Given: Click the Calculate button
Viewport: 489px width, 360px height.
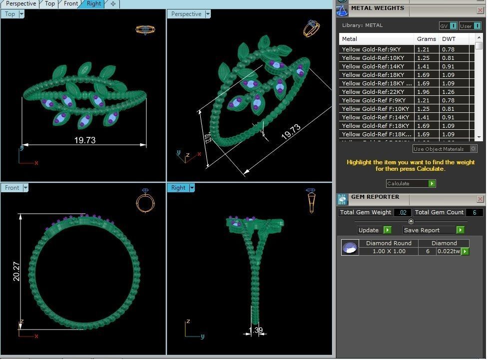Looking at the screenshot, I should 411,184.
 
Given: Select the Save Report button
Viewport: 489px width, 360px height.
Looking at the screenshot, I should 434,230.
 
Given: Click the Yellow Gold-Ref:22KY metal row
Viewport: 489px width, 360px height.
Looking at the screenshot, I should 377,92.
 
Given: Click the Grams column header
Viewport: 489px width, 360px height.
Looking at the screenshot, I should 426,39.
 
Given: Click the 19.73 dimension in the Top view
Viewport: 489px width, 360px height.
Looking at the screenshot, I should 84,140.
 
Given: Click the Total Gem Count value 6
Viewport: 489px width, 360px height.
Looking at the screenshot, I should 474,212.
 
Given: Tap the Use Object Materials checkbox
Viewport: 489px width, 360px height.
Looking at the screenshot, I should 474,149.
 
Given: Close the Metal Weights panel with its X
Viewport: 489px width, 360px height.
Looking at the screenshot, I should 480,8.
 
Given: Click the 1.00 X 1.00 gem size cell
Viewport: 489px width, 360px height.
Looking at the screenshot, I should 389,252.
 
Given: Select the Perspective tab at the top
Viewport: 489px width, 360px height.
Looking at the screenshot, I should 21,3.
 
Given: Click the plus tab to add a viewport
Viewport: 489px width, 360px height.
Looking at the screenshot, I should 113,3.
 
